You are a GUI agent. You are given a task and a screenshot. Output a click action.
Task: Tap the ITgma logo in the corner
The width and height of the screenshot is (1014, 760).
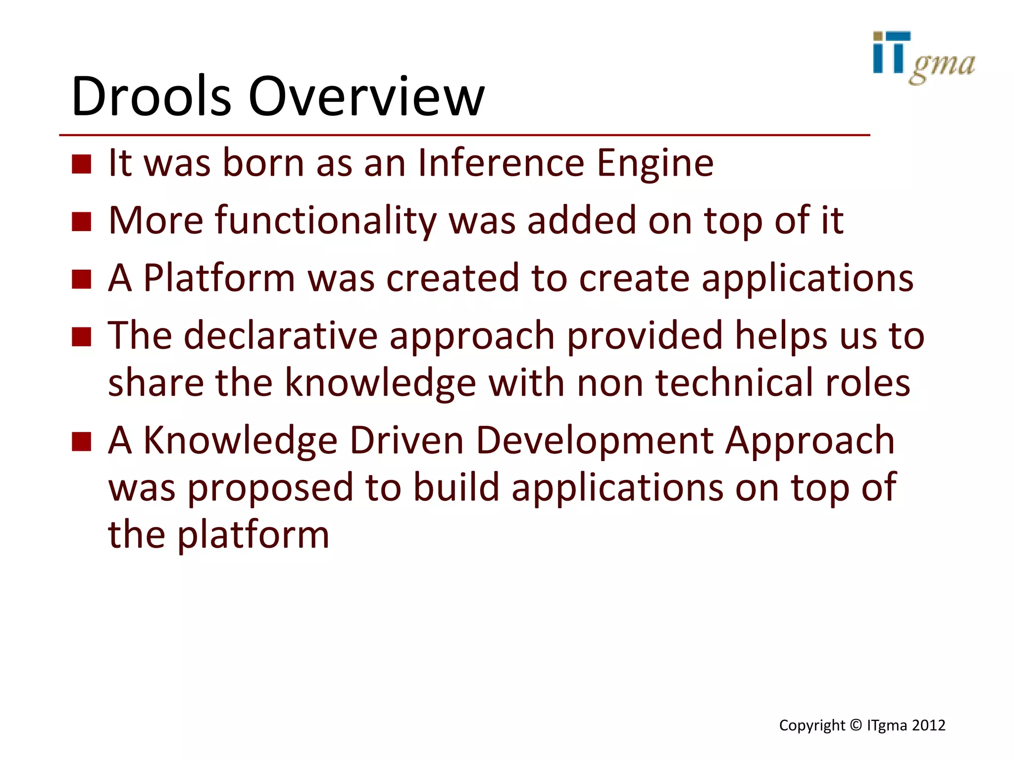coord(923,57)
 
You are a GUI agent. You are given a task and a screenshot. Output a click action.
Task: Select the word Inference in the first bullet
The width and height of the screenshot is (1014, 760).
coord(501,163)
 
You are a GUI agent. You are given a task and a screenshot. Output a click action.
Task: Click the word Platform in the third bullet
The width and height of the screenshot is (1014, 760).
coord(219,278)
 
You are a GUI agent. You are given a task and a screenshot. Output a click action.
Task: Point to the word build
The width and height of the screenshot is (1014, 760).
coord(456,487)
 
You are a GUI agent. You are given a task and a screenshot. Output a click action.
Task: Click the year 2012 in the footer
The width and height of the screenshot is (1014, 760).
coord(929,725)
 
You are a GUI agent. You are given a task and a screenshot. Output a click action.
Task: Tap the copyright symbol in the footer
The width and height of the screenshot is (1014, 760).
coord(856,725)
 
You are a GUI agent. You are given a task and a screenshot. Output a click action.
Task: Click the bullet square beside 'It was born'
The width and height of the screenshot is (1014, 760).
coord(82,164)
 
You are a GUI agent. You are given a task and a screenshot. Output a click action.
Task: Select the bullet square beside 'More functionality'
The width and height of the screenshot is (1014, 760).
coord(82,222)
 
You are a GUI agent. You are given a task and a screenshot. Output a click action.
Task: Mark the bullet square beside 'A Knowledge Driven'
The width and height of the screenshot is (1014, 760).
coord(82,441)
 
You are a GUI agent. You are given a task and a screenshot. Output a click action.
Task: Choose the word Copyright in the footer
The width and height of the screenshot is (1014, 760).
coord(812,726)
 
